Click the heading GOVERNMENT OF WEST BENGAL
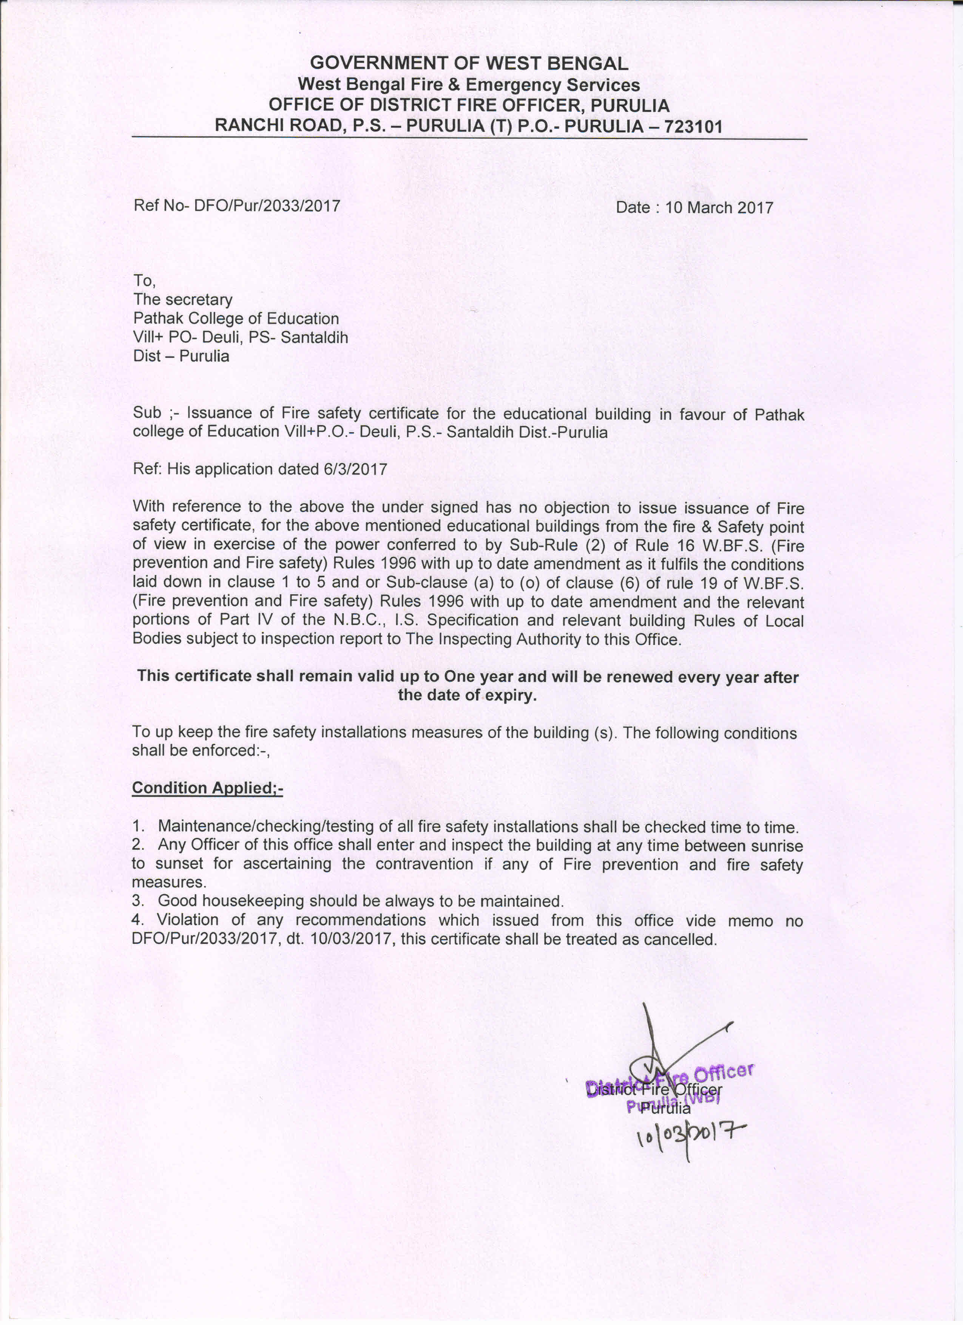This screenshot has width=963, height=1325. pyautogui.click(x=469, y=63)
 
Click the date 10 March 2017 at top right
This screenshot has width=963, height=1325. pyautogui.click(x=719, y=208)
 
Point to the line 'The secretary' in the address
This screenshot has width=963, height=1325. pyautogui.click(x=183, y=300)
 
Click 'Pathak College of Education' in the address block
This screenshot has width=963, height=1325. pyautogui.click(x=236, y=318)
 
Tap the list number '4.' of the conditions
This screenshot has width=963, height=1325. pyautogui.click(x=138, y=920)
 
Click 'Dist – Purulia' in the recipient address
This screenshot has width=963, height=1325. pyautogui.click(x=181, y=356)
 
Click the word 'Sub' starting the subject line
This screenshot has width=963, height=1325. pyautogui.click(x=147, y=413)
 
